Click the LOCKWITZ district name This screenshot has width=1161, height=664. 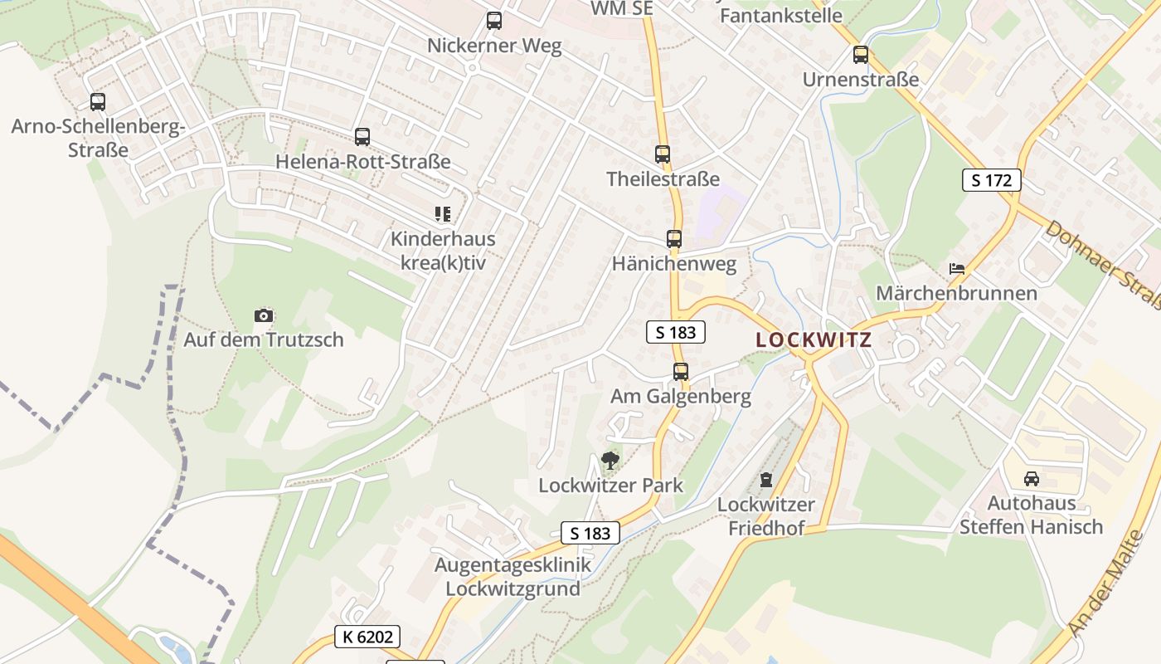click(814, 339)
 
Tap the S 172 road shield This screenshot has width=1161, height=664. click(991, 180)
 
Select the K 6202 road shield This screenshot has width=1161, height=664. click(367, 637)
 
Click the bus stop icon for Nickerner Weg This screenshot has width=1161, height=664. click(494, 21)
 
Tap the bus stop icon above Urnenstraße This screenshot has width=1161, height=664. click(861, 56)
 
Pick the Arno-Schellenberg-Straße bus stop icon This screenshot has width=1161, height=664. click(98, 102)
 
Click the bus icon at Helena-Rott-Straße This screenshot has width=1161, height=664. click(362, 137)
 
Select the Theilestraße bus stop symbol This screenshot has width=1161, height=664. click(662, 154)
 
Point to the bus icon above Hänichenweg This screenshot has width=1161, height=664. click(674, 239)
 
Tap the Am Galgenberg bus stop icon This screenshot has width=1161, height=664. click(681, 372)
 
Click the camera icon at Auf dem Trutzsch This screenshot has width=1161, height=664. click(264, 315)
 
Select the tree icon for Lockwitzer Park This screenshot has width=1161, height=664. click(610, 461)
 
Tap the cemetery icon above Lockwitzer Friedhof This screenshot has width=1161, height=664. click(765, 480)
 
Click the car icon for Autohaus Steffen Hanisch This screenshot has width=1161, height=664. click(1032, 479)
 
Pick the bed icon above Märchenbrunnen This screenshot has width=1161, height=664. click(957, 269)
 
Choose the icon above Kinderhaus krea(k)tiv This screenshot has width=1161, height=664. click(443, 214)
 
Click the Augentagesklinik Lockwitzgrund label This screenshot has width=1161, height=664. click(513, 577)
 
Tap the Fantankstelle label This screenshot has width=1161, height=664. click(780, 15)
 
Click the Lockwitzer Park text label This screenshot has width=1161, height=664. click(610, 486)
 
